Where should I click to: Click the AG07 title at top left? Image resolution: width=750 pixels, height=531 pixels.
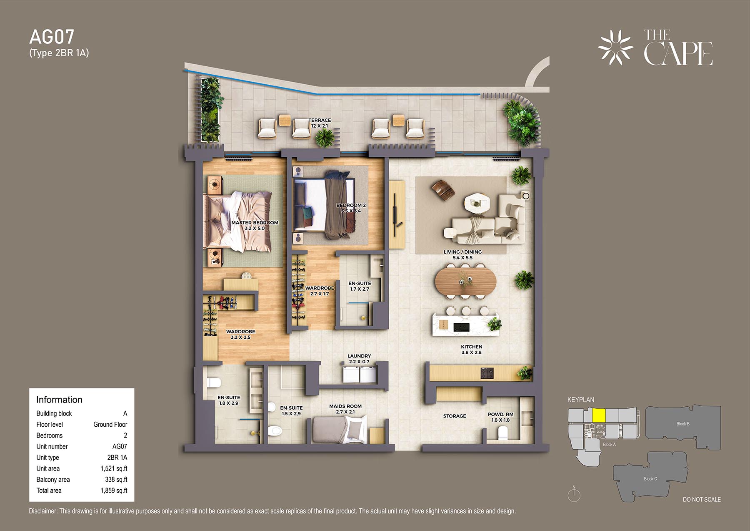pyautogui.click(x=52, y=37)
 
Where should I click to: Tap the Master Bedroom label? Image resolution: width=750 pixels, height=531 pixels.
pyautogui.click(x=255, y=225)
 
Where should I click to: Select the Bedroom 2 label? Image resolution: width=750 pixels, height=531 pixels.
pyautogui.click(x=351, y=208)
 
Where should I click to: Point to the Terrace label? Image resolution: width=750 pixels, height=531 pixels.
pyautogui.click(x=320, y=123)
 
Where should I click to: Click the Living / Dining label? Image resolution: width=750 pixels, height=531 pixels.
pyautogui.click(x=462, y=254)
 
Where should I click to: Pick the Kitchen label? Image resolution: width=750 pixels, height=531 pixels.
pyautogui.click(x=472, y=350)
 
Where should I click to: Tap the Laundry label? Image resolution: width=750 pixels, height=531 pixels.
pyautogui.click(x=359, y=359)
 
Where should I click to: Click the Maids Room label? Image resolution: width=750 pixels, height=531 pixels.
pyautogui.click(x=345, y=409)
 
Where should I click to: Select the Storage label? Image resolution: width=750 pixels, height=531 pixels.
pyautogui.click(x=455, y=416)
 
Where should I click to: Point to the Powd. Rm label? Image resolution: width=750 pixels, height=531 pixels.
pyautogui.click(x=501, y=417)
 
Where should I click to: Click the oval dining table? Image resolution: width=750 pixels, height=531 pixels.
pyautogui.click(x=465, y=282)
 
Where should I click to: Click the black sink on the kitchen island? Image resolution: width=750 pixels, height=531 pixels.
pyautogui.click(x=461, y=327)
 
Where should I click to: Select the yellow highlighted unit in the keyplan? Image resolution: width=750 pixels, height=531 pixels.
pyautogui.click(x=599, y=415)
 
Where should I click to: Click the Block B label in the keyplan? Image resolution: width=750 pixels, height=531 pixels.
pyautogui.click(x=683, y=424)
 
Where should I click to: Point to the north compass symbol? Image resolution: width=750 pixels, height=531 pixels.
pyautogui.click(x=574, y=495)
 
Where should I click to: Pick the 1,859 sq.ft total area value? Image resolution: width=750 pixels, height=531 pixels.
pyautogui.click(x=114, y=491)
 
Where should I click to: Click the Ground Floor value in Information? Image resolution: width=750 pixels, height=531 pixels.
pyautogui.click(x=110, y=424)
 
